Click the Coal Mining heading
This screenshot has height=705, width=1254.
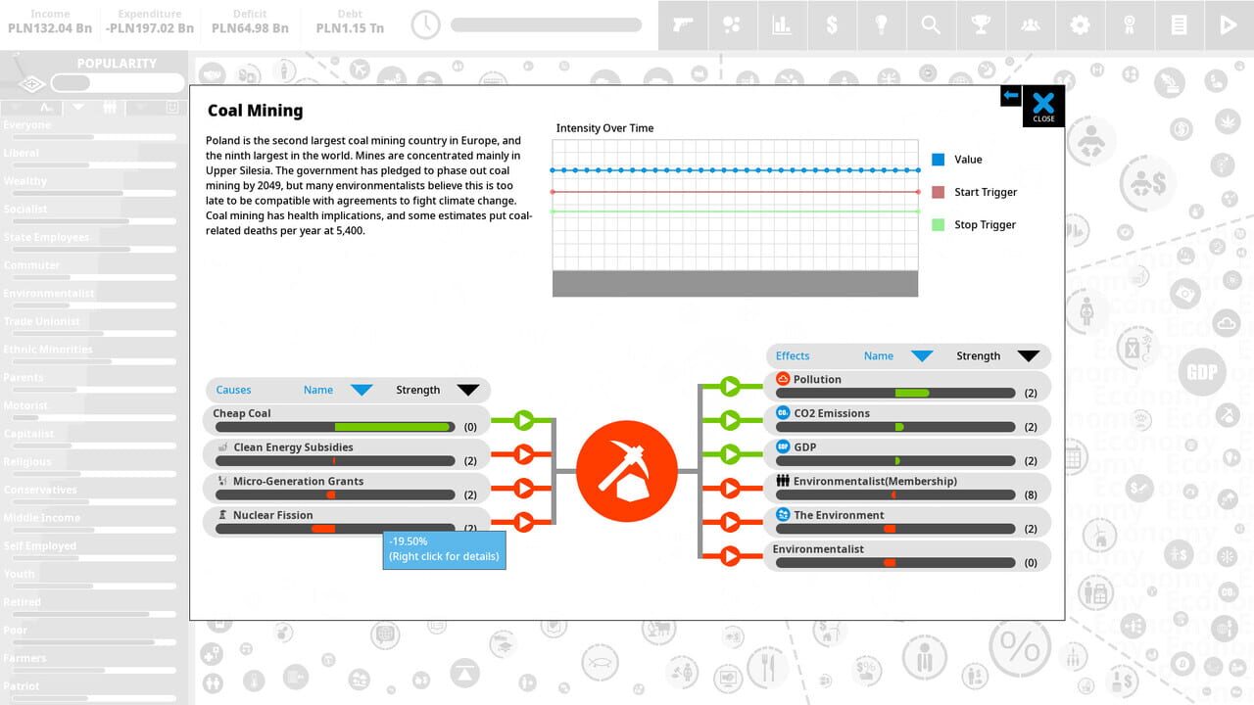(255, 111)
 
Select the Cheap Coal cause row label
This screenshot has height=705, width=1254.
(242, 413)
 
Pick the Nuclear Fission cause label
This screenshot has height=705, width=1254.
(273, 515)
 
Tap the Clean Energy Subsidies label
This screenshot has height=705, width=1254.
(293, 447)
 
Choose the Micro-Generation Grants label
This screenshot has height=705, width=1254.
(298, 481)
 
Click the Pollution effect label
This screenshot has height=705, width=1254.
(817, 379)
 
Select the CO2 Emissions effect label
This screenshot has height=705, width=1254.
(832, 413)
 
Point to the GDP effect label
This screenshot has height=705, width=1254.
(804, 447)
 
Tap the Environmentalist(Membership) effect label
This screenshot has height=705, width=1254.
(875, 481)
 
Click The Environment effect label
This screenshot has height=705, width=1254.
(839, 515)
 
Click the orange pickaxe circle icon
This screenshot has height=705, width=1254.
(627, 471)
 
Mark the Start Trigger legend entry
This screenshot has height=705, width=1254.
(986, 192)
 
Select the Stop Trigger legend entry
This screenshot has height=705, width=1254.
(985, 225)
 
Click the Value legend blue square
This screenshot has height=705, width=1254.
(939, 160)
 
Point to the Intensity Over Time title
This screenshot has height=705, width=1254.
(604, 128)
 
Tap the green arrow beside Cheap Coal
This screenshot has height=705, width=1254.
(523, 420)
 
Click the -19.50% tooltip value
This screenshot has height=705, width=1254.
(409, 541)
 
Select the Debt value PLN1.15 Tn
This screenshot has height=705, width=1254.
(350, 28)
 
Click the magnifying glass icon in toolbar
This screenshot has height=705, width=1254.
(931, 24)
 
